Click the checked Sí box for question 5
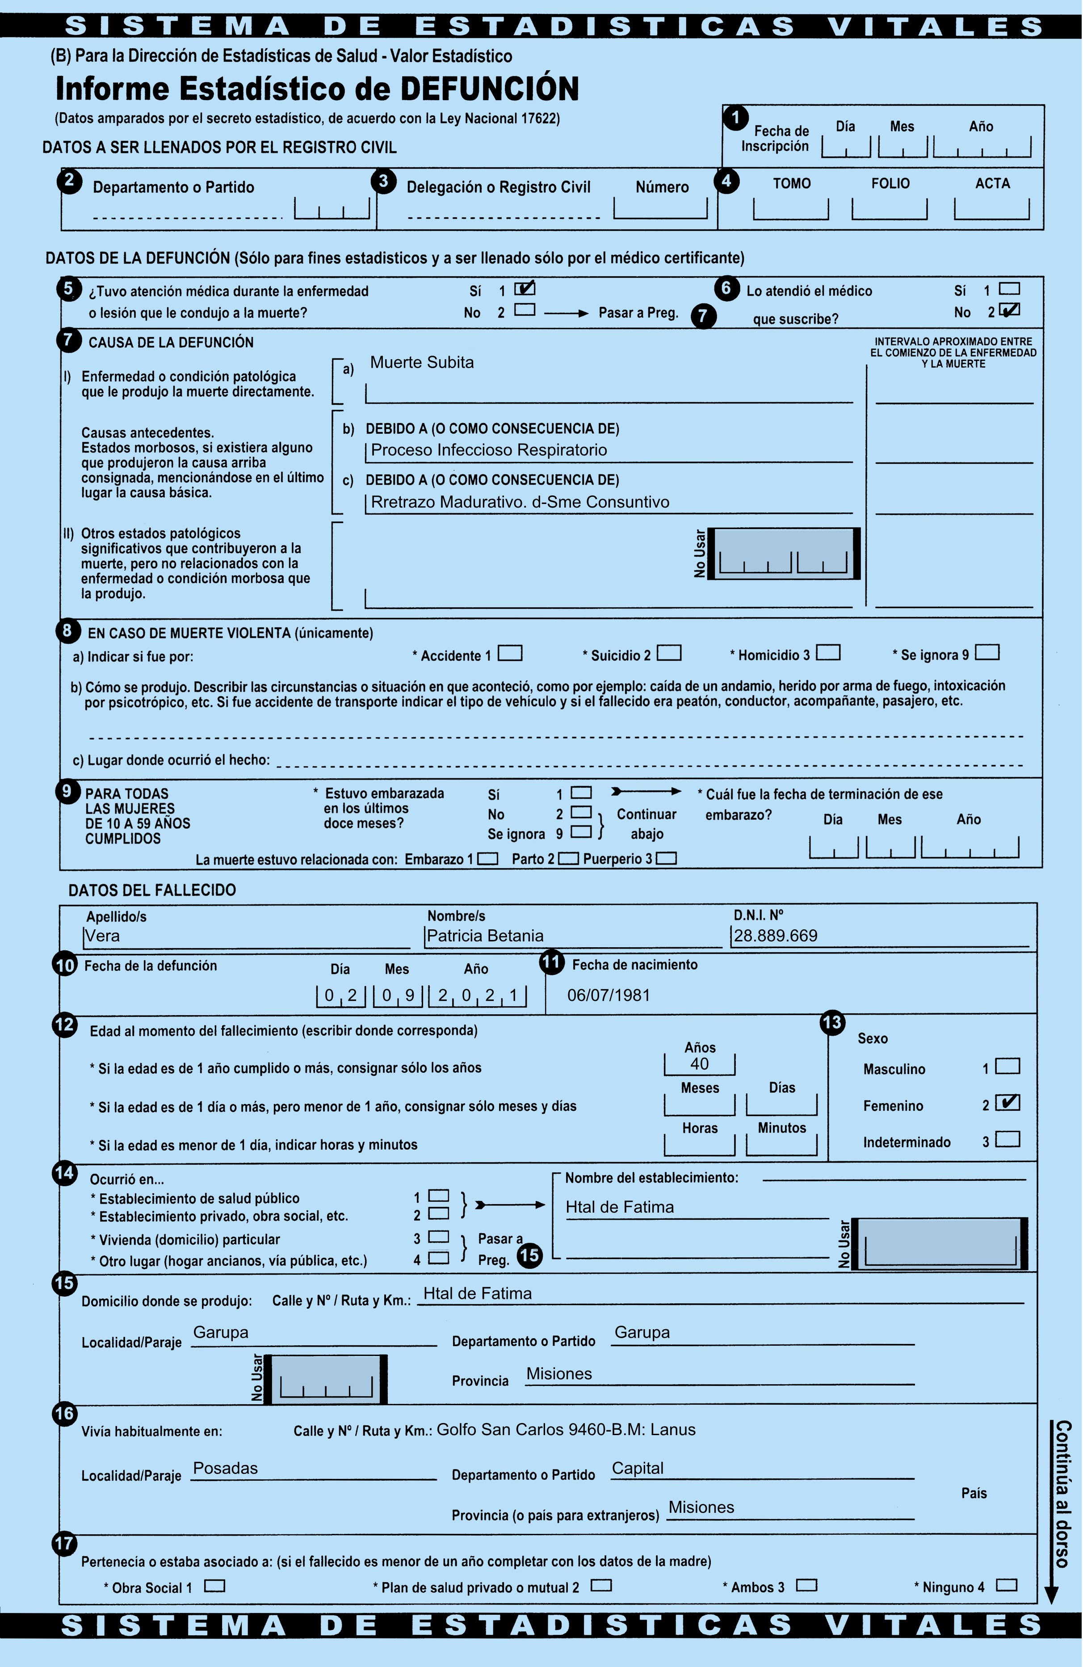pos(524,288)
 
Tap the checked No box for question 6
pos(1009,310)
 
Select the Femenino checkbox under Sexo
pos(1008,1102)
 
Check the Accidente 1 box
pos(510,653)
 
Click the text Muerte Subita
pos(422,362)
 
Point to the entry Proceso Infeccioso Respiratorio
pos(489,449)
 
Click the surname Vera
pos(102,936)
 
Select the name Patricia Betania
pos(485,936)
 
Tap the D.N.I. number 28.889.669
pos(776,936)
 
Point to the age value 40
pos(699,1064)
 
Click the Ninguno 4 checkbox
pos(1007,1584)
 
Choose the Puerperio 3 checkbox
pos(666,858)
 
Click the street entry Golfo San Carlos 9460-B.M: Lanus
pos(566,1430)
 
